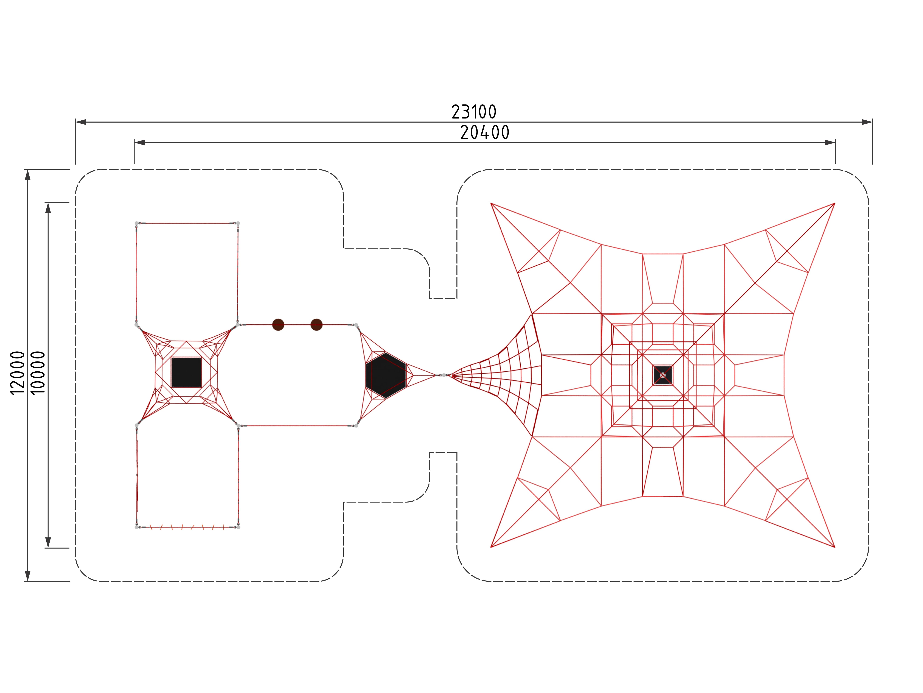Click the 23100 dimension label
tap(474, 112)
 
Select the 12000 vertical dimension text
tap(18, 373)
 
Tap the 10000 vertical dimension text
tap(38, 373)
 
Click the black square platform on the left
tap(186, 372)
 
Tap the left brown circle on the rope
tap(278, 325)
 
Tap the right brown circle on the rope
tap(317, 325)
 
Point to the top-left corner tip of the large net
tap(491, 203)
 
